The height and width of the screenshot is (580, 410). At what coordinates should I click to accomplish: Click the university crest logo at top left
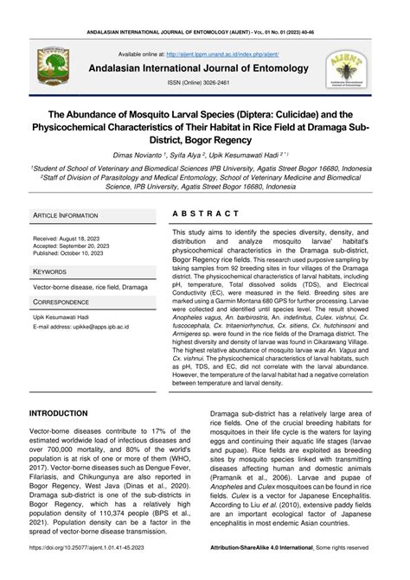tap(48, 67)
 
